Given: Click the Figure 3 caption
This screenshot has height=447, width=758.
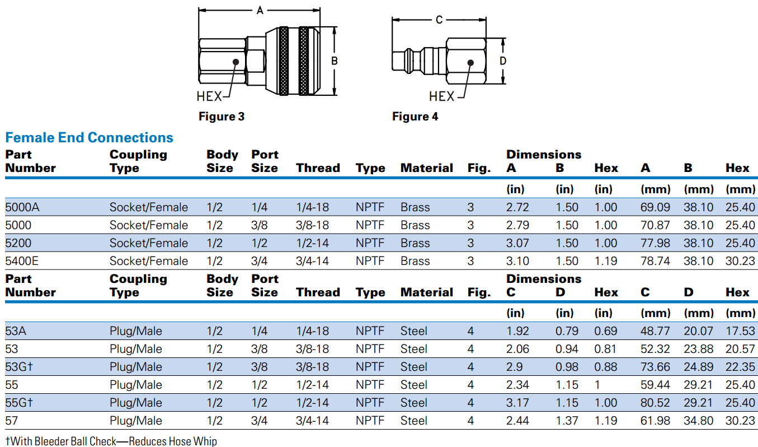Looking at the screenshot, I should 222,117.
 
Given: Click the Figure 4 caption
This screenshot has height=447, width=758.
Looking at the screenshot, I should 415,117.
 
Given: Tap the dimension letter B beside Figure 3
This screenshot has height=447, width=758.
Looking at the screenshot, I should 335,61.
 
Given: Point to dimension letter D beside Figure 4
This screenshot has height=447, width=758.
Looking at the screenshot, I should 503,61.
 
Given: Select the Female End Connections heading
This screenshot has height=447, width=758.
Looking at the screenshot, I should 90,138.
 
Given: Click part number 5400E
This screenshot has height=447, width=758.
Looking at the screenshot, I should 26,261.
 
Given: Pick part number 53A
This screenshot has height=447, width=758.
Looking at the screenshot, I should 16,331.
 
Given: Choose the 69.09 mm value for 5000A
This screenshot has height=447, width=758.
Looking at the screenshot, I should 655,207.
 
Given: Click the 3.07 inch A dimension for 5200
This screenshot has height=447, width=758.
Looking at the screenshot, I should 517,243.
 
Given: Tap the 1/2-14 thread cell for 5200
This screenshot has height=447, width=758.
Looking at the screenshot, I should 313,243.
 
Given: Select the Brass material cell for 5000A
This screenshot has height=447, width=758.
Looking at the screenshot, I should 415,207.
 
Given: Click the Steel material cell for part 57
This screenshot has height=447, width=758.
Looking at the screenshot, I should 414,421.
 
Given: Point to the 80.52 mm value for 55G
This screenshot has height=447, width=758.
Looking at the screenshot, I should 655,403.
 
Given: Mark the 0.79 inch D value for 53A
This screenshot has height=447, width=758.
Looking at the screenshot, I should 567,331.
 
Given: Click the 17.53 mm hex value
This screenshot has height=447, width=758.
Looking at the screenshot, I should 740,331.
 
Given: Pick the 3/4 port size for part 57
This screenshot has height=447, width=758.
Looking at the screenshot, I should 260,421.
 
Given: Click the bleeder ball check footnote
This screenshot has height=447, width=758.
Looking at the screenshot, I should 111,441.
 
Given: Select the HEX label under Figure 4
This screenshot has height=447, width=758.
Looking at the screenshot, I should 442,96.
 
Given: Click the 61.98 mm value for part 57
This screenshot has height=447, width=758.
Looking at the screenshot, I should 655,421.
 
